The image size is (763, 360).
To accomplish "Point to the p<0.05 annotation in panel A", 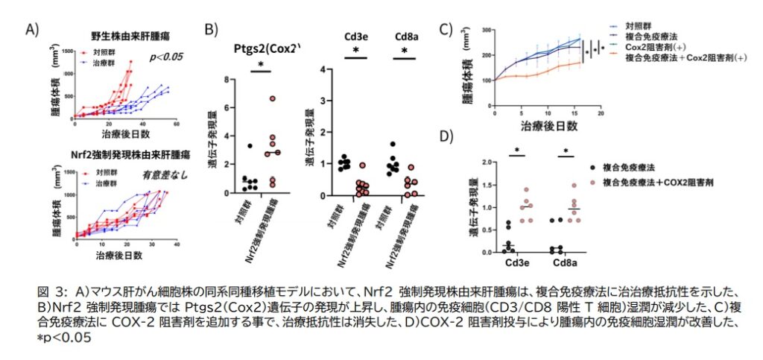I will coord(166,57).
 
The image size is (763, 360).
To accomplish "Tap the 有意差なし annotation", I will coord(166,175).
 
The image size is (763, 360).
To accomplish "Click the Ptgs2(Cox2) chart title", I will coord(265,49).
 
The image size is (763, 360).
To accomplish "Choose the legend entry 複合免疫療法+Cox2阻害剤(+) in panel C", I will coord(686,57).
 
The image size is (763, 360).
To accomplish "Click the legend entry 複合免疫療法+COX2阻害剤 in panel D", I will coord(655,181).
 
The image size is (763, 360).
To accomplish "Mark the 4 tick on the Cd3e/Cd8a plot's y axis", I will coord(323,69).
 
